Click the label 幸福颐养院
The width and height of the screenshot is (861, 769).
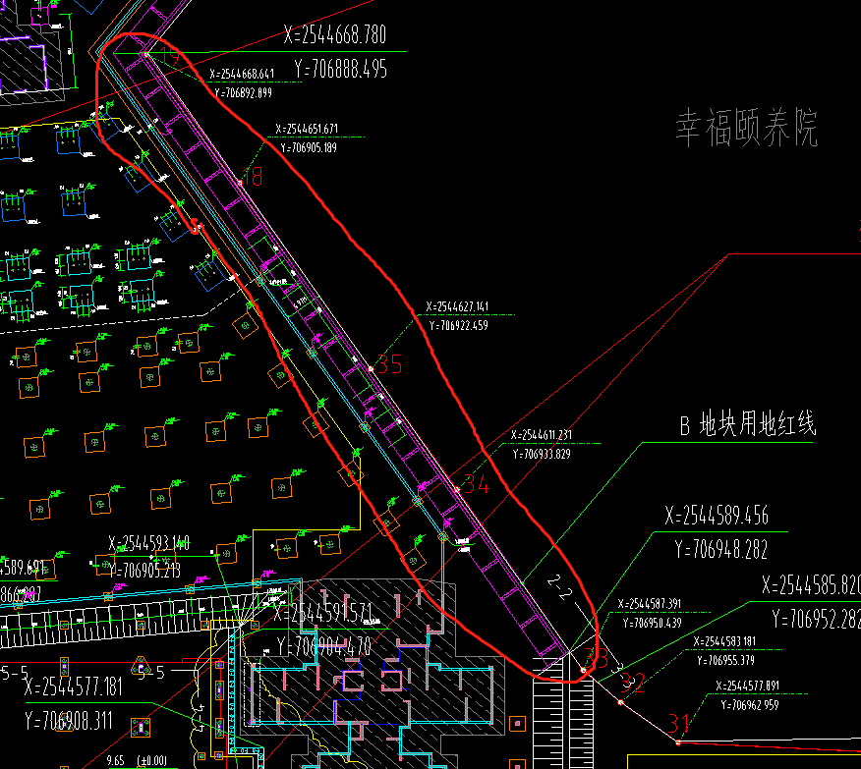746,129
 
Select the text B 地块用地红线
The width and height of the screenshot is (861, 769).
748,425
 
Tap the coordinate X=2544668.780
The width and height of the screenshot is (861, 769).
334,36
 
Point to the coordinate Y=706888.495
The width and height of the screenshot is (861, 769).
340,70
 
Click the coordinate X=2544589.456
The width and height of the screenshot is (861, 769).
716,517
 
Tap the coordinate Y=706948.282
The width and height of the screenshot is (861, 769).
721,550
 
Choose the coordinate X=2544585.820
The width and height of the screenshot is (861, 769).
811,585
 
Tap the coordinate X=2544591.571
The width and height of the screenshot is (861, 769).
323,614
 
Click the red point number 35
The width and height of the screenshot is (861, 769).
390,364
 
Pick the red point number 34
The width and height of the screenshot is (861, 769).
476,483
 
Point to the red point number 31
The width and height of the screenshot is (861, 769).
679,723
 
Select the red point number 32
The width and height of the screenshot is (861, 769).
634,684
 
